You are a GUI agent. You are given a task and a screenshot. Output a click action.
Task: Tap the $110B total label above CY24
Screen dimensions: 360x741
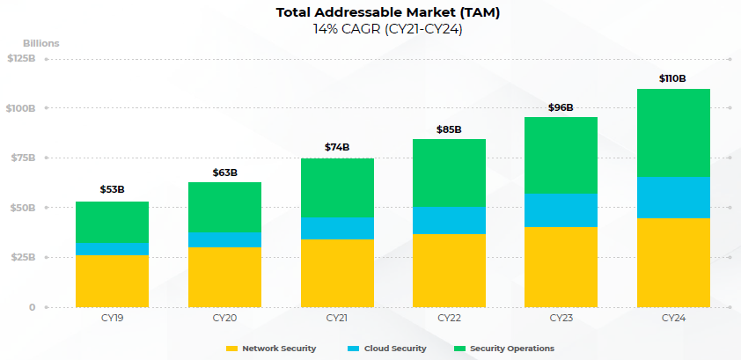click(672, 78)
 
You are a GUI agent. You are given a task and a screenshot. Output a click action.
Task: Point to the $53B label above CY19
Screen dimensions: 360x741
click(112, 189)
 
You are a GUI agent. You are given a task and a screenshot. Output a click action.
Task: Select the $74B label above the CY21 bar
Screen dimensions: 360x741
click(336, 147)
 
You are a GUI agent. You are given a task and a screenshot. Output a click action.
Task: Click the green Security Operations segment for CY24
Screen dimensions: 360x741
click(673, 133)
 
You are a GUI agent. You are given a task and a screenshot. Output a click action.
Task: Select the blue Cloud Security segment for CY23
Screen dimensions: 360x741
click(561, 210)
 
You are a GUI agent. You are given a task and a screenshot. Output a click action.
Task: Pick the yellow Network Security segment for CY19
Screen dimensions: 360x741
click(112, 281)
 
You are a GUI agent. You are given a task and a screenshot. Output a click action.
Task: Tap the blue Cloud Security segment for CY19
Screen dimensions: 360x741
click(112, 248)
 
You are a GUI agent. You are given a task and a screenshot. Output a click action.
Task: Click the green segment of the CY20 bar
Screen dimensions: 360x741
click(224, 207)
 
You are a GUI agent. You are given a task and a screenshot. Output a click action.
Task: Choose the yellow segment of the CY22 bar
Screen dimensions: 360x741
click(449, 270)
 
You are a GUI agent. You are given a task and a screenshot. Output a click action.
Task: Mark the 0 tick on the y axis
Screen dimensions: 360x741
click(32, 307)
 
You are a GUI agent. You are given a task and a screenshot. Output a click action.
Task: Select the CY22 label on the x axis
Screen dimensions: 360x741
click(449, 317)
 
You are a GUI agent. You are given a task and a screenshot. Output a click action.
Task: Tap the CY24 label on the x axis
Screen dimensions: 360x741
click(673, 317)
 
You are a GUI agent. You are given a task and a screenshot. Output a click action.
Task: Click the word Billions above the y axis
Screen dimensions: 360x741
click(41, 42)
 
